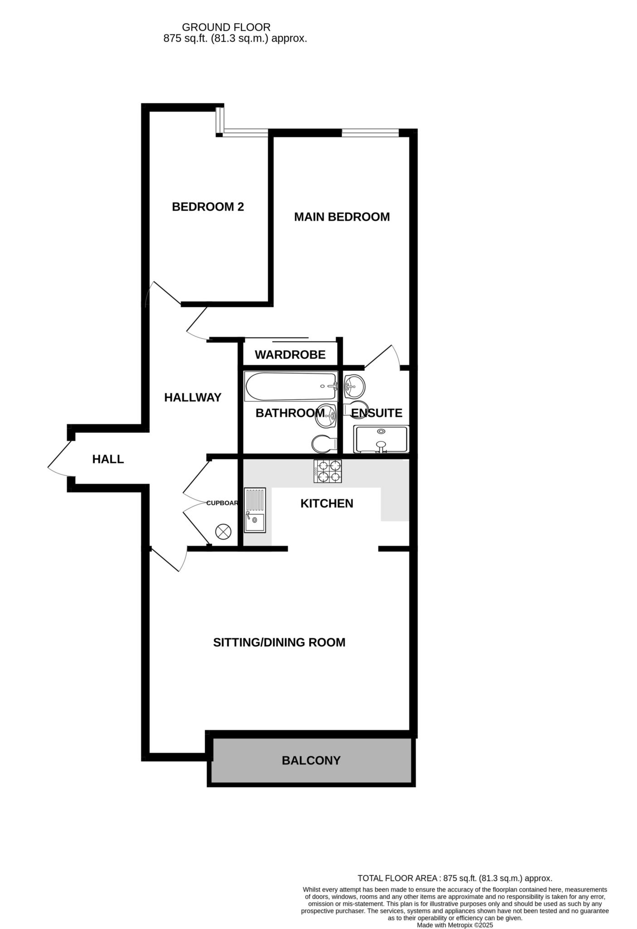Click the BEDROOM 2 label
coord(208,207)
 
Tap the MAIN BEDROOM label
coord(342,217)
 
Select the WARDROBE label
coord(290,355)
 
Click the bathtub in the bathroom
coord(290,386)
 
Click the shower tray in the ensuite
coord(381,439)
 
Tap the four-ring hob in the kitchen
coord(328,471)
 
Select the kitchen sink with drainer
coord(255,510)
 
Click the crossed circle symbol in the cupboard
coord(223,531)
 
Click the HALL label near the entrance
coord(108,459)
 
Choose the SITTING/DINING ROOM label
coord(279,642)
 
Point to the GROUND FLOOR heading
coord(226,28)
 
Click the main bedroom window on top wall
coord(370,132)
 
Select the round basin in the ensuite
coord(354,386)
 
